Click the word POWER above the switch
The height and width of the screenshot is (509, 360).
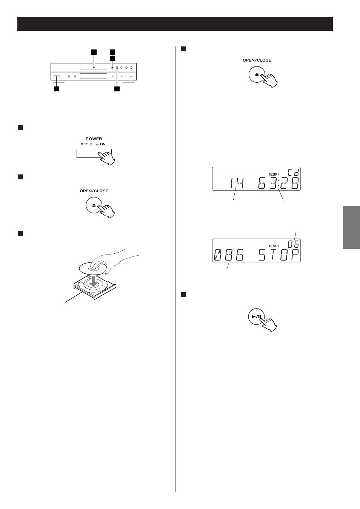coord(94,139)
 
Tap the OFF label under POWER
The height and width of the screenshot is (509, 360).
coord(84,144)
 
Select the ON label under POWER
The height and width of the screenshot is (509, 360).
coord(103,144)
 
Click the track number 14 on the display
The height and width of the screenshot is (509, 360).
coord(237,183)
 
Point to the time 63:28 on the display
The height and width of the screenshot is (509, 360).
coord(278,183)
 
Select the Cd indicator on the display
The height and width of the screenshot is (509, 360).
coord(293,173)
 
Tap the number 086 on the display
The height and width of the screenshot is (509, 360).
coord(229,255)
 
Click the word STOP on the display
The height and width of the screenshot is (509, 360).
coord(279,255)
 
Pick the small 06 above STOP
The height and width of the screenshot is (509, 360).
coord(293,244)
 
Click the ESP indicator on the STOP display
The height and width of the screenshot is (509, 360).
coord(274,246)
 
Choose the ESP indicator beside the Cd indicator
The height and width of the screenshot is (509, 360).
coord(274,174)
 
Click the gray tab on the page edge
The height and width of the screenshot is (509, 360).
coord(351,227)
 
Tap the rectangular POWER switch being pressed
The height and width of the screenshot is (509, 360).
coord(94,153)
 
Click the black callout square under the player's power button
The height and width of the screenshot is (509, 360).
coord(57,89)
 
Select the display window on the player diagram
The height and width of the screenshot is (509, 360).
coord(93,76)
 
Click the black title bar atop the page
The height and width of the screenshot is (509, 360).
coord(175,24)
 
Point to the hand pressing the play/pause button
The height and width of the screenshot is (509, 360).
coord(268,324)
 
